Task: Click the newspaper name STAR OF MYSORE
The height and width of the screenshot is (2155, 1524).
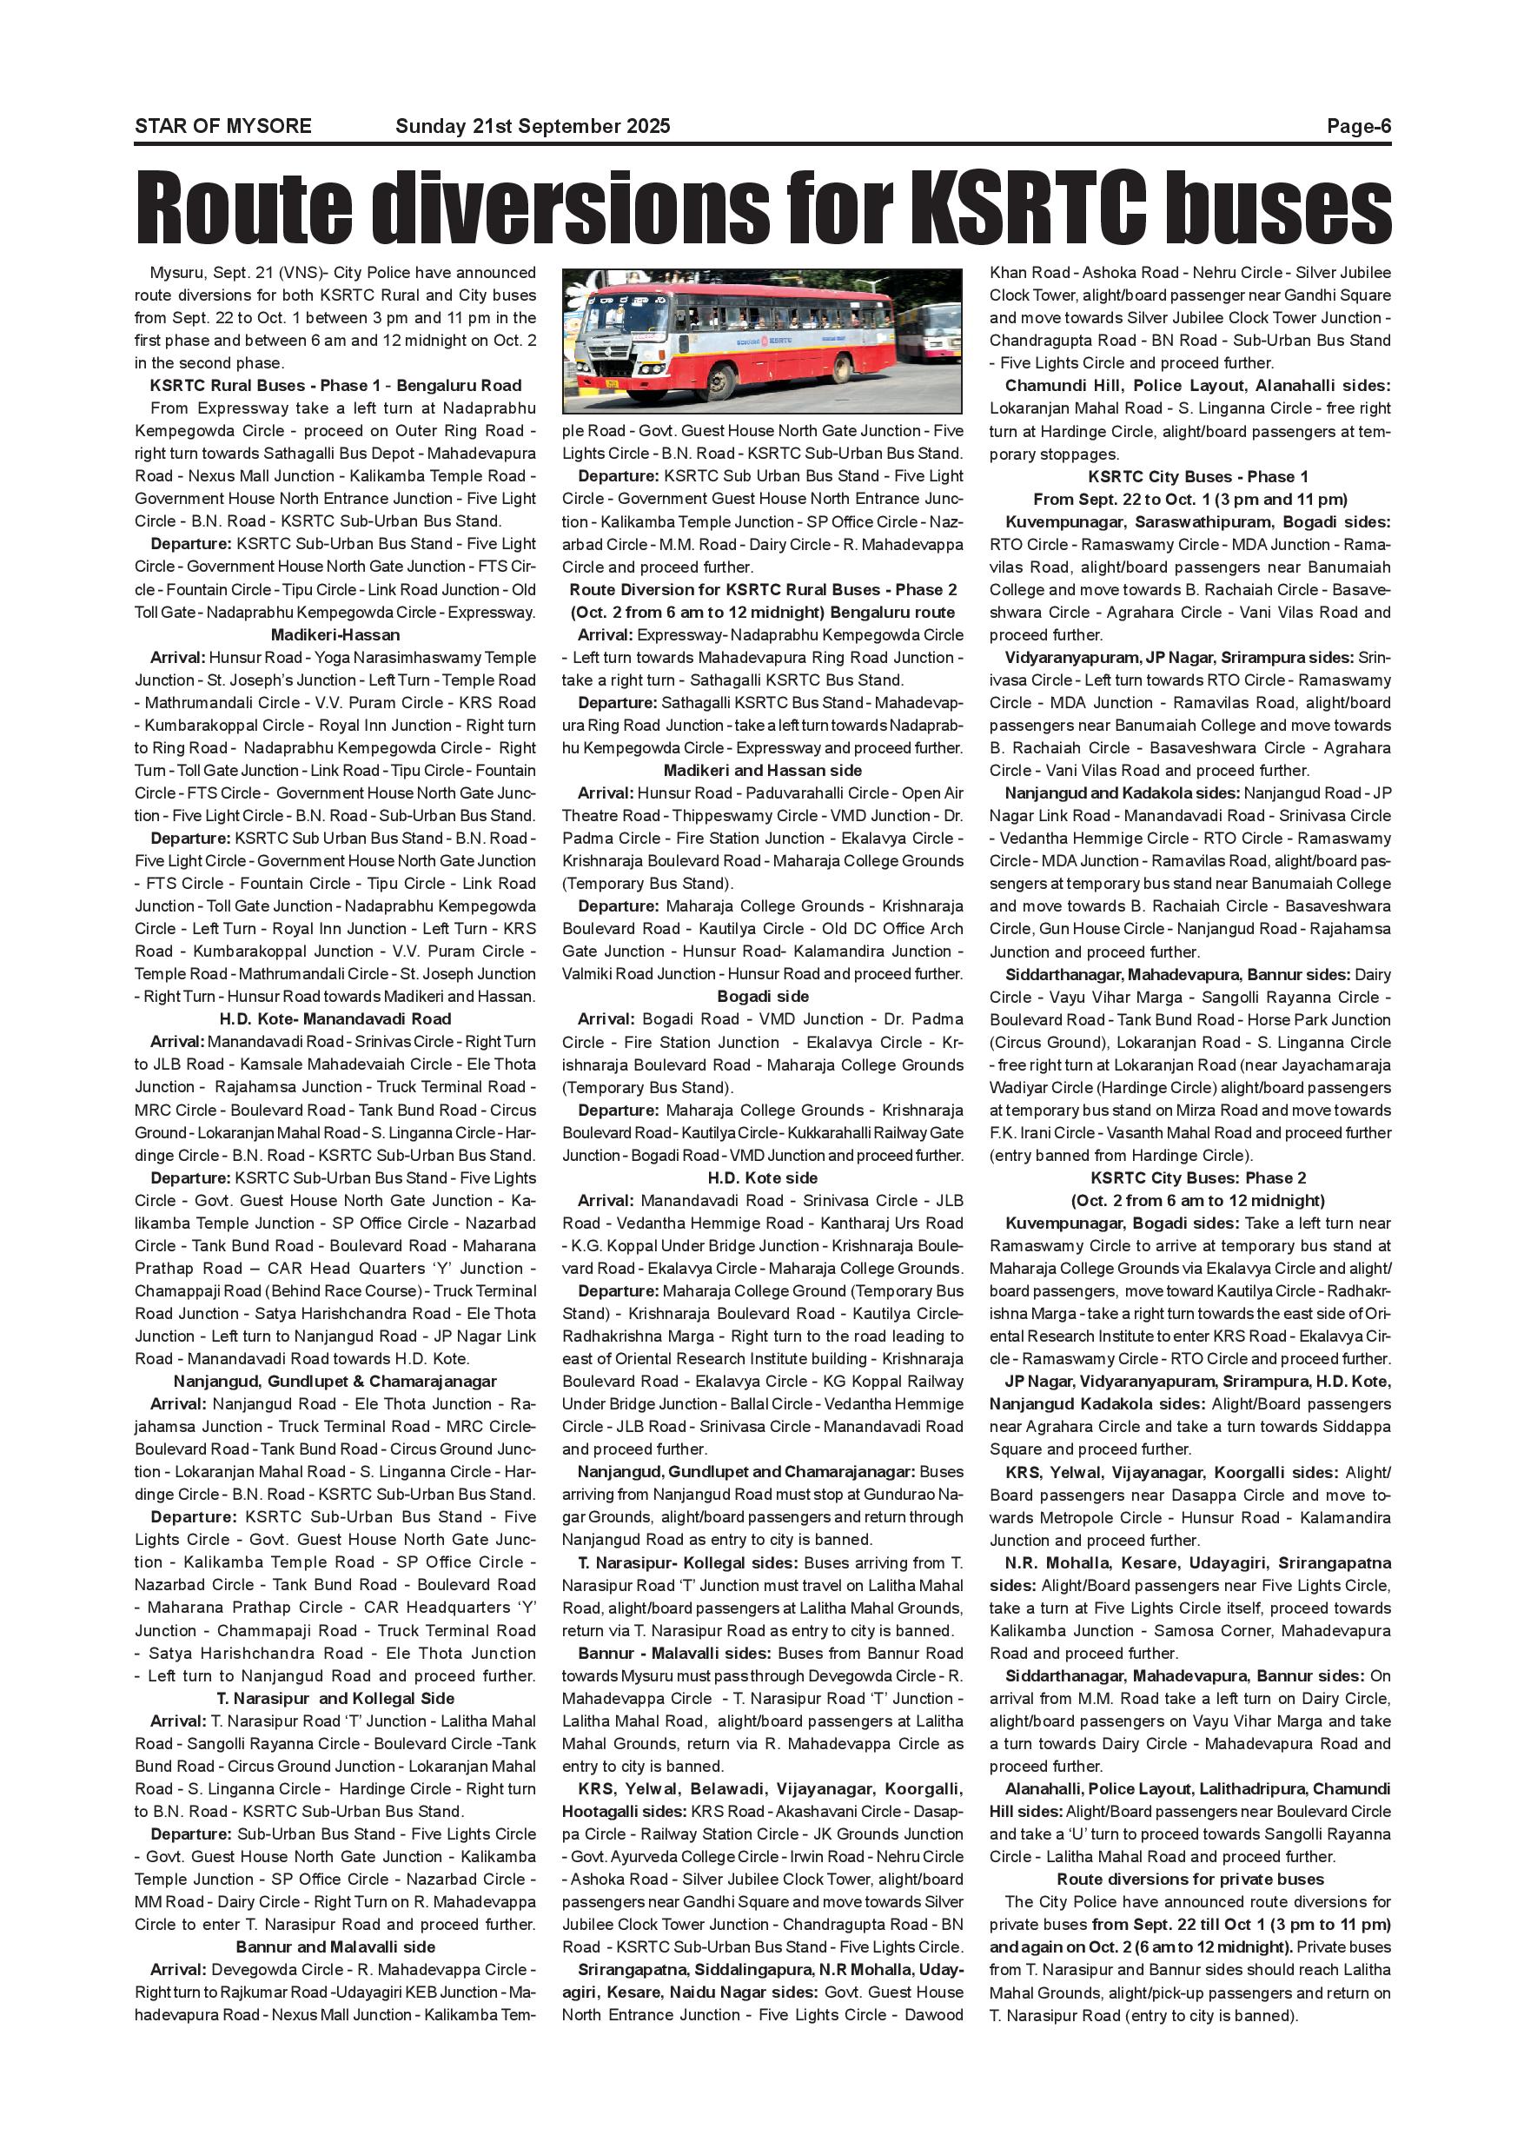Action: pos(222,126)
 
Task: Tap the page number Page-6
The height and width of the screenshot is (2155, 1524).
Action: pos(1358,126)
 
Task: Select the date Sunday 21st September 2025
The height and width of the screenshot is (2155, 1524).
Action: pos(532,126)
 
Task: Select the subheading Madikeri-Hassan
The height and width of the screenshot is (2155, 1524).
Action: pos(335,634)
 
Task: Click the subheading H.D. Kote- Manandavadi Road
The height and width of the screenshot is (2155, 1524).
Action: pos(335,1018)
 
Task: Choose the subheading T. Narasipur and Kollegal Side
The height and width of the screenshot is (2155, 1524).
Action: pos(335,1698)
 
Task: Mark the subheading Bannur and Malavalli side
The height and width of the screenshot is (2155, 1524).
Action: pos(335,1946)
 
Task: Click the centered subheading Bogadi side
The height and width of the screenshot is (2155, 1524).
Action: pos(762,996)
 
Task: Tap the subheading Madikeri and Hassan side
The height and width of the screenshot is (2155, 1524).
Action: pos(762,770)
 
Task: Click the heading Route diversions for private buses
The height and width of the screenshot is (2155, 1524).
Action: pos(1190,1879)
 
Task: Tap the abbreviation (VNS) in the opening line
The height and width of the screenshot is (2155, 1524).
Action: pos(279,273)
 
